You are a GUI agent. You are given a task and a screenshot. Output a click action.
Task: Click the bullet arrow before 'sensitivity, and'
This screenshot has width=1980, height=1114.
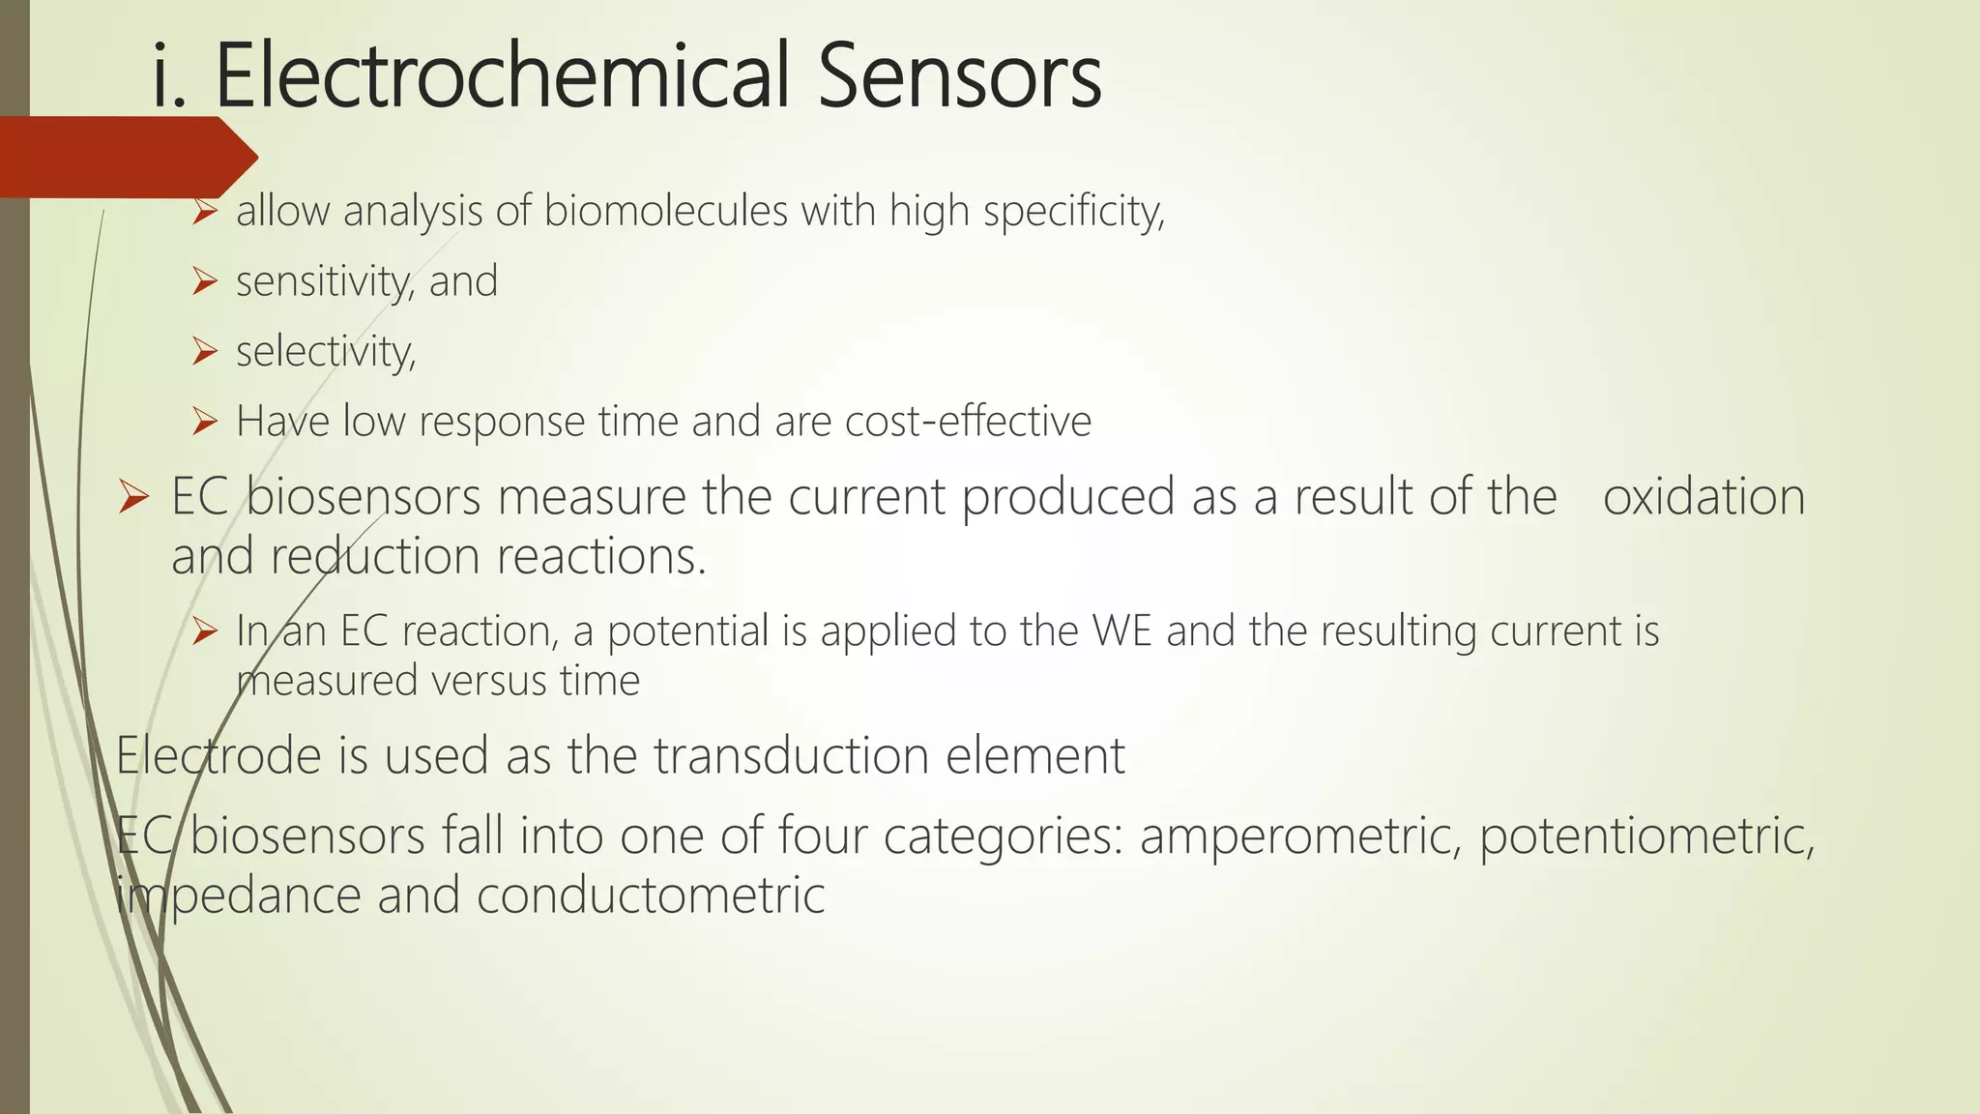tap(204, 281)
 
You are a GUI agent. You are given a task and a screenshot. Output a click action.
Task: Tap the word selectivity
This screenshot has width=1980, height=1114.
tap(326, 351)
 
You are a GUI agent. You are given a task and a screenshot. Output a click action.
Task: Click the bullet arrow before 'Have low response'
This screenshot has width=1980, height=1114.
tap(204, 422)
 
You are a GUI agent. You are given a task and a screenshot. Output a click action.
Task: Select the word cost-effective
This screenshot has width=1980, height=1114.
tap(968, 422)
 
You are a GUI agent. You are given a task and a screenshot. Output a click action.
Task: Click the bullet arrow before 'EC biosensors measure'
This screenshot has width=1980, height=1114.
tap(132, 498)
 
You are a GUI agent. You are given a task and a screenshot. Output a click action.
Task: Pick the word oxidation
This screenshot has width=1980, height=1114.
tap(1703, 497)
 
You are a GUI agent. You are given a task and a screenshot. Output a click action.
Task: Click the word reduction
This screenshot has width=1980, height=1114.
tap(375, 556)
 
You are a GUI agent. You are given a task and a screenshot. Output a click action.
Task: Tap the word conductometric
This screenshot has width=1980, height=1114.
tap(651, 894)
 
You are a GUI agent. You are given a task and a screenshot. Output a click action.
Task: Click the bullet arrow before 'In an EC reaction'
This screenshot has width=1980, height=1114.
tap(204, 631)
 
